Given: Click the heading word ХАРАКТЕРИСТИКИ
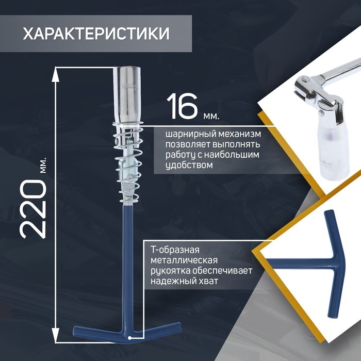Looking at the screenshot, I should coord(96,34).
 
